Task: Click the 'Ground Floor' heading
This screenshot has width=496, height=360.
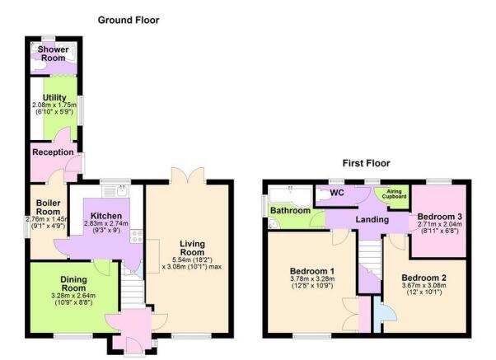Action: click(x=129, y=20)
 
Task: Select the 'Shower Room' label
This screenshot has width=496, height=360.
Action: click(x=51, y=54)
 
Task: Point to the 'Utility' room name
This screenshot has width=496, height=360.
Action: click(x=54, y=98)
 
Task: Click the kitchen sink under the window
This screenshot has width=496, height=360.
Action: click(x=122, y=190)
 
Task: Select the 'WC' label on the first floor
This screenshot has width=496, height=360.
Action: click(x=336, y=193)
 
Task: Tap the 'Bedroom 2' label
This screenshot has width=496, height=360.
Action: click(x=423, y=278)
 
